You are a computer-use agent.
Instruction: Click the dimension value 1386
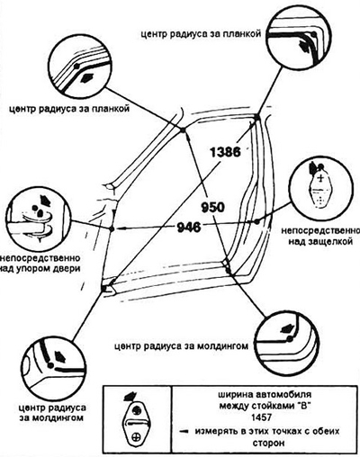(225, 152)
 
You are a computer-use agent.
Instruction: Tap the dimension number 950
(212, 208)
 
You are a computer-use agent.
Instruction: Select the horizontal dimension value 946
(189, 228)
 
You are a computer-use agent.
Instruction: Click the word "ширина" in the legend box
(233, 394)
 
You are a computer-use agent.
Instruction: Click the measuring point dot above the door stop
(112, 228)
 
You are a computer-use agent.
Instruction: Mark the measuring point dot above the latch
(256, 221)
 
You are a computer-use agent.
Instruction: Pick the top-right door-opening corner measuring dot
(256, 116)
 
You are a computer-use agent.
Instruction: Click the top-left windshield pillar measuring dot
(183, 130)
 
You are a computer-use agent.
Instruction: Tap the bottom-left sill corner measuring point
(103, 288)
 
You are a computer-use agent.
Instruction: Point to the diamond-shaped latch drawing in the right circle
(320, 190)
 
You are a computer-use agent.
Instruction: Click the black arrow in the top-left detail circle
(88, 77)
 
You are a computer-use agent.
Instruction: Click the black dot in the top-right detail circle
(313, 34)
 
